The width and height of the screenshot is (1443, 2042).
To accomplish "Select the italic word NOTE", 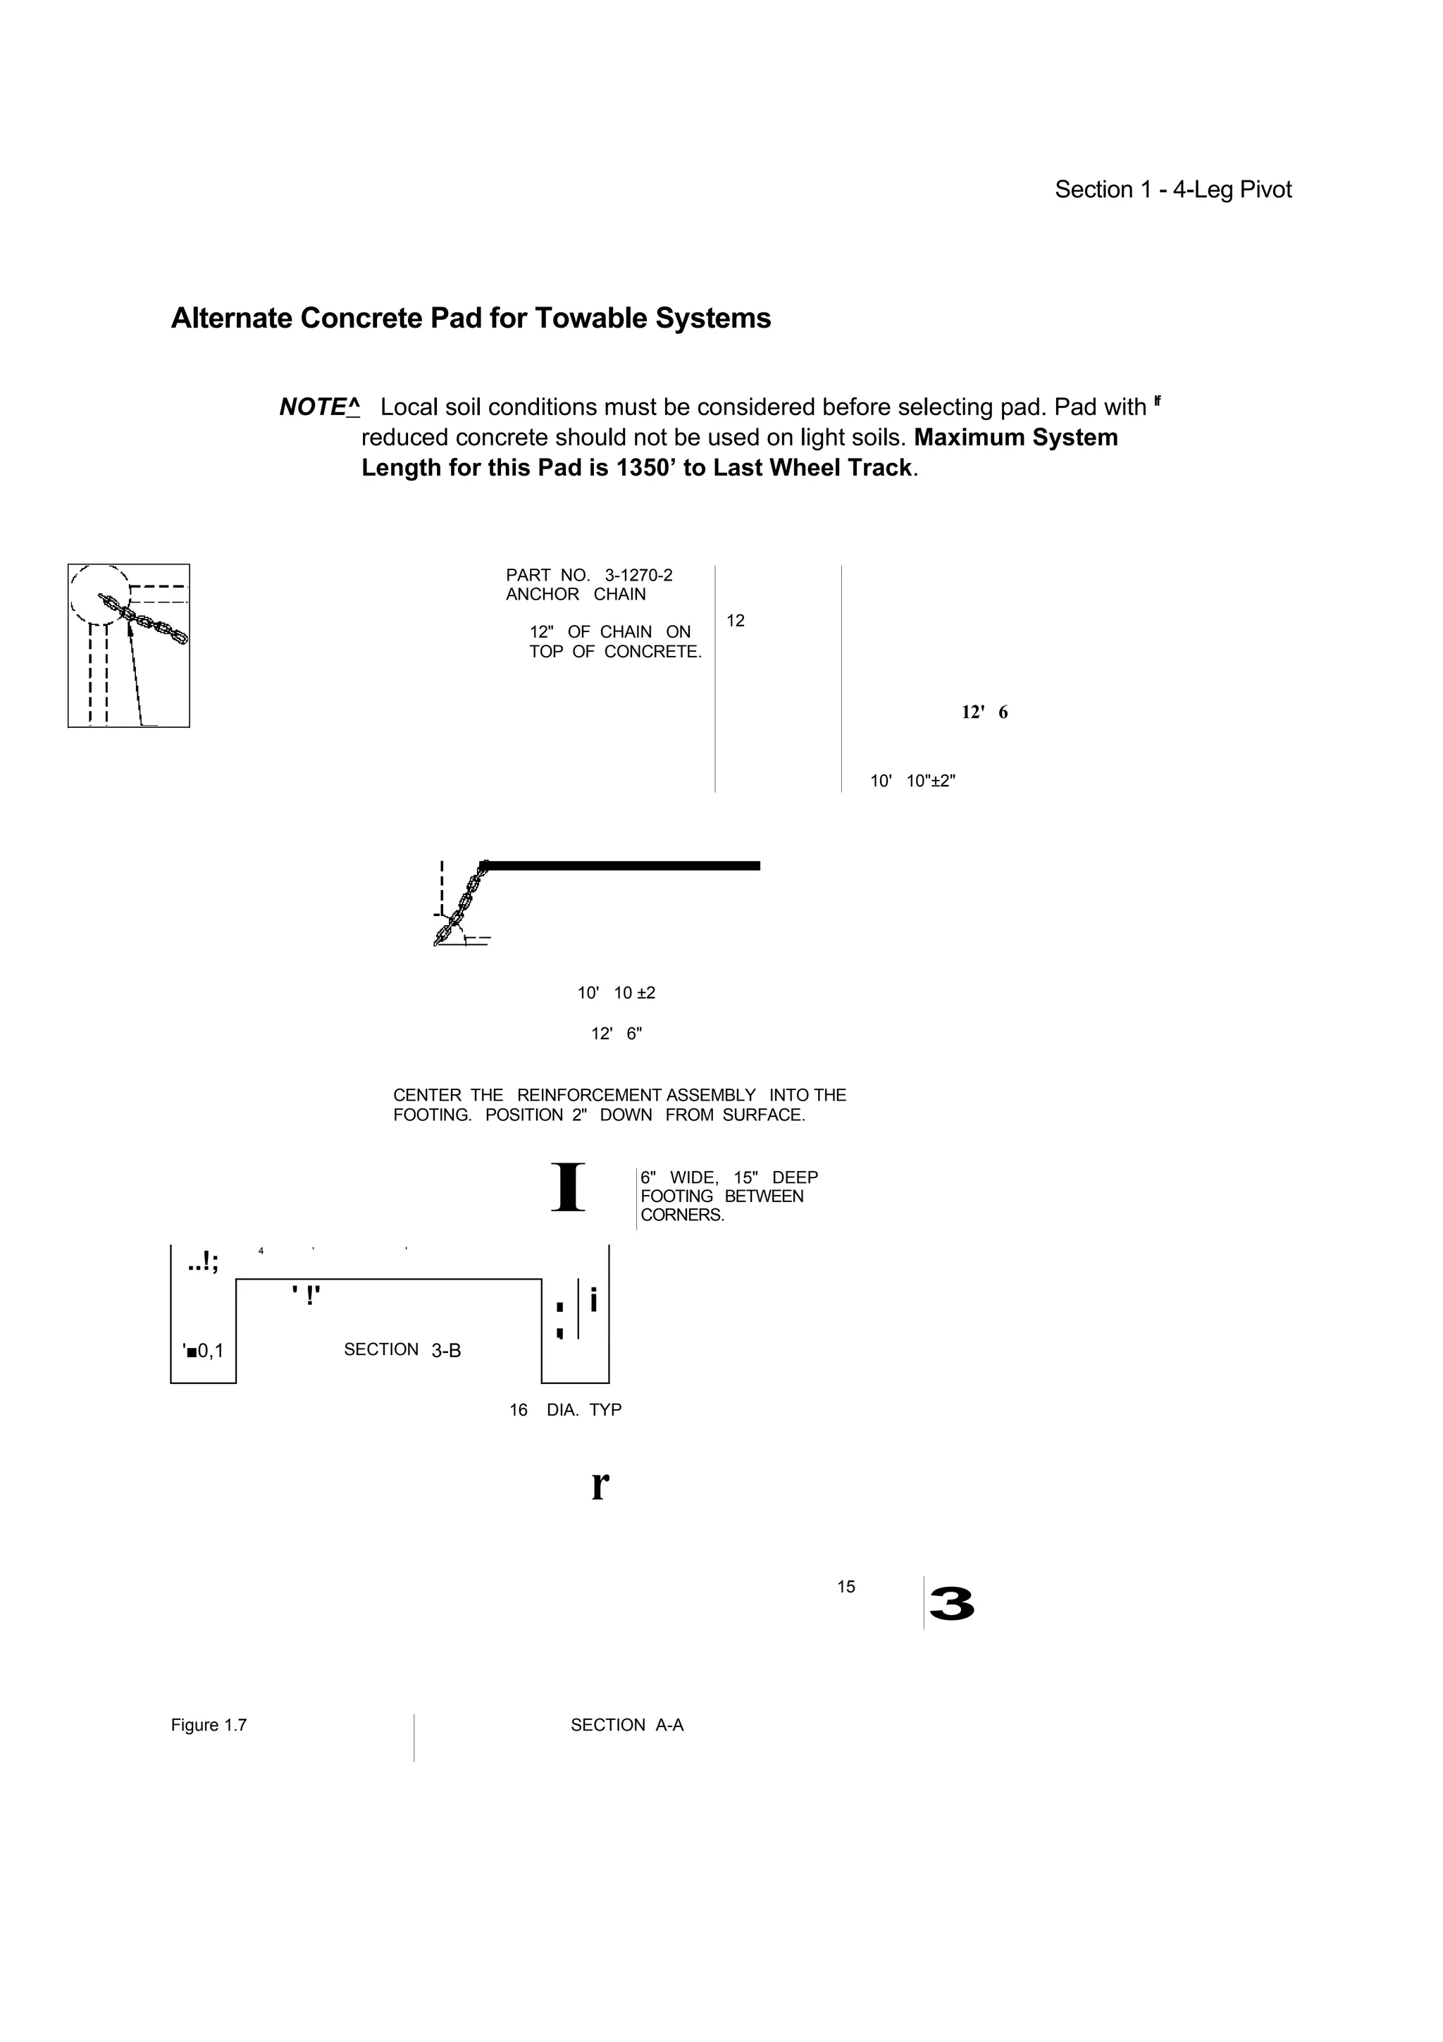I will point(313,407).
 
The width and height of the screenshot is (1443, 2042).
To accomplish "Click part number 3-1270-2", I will point(638,576).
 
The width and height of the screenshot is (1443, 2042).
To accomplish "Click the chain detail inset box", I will point(129,645).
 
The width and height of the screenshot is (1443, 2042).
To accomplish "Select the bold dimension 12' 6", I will point(984,712).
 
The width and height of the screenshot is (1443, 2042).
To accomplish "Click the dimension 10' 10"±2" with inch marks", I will point(912,781).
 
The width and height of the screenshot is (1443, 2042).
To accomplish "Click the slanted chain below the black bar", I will point(461,905).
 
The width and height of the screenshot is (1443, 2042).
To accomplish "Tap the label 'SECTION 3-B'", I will point(402,1350).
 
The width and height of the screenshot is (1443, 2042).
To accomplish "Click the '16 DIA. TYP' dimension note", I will point(566,1410).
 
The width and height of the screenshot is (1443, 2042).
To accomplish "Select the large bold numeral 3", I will point(950,1604).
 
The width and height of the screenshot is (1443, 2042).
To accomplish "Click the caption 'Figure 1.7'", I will point(209,1726).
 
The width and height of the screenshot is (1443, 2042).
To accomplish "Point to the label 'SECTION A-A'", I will point(627,1726).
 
